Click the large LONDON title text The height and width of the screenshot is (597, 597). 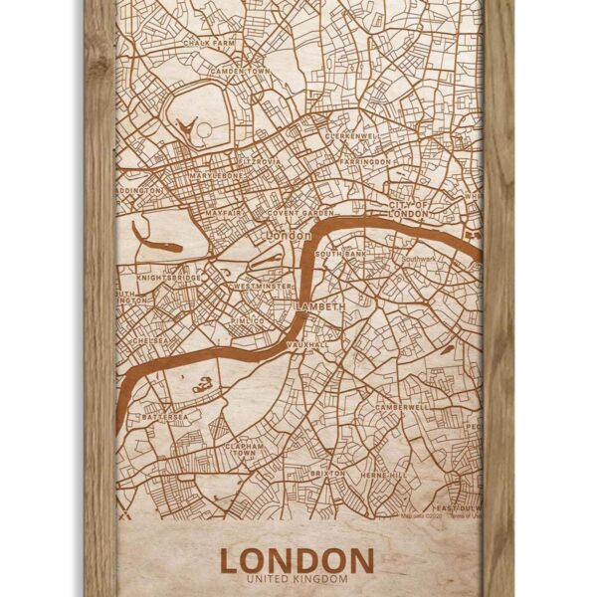(x=297, y=559)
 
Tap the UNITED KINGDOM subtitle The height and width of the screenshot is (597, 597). (x=297, y=579)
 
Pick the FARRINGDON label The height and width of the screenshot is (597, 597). (x=365, y=160)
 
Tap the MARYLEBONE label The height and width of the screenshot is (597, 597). (x=217, y=175)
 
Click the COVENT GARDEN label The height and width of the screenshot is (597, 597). (x=298, y=212)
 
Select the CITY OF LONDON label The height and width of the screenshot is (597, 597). (x=409, y=209)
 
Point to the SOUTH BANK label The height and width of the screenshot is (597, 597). (x=341, y=255)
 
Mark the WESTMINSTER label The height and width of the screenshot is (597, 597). (x=262, y=286)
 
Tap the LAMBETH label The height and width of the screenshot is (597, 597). (x=319, y=306)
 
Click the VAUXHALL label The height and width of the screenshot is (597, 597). (x=307, y=343)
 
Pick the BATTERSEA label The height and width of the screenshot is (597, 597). (x=165, y=416)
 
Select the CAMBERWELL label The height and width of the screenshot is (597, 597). (x=401, y=407)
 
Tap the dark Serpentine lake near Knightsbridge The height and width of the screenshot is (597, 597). (x=156, y=242)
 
